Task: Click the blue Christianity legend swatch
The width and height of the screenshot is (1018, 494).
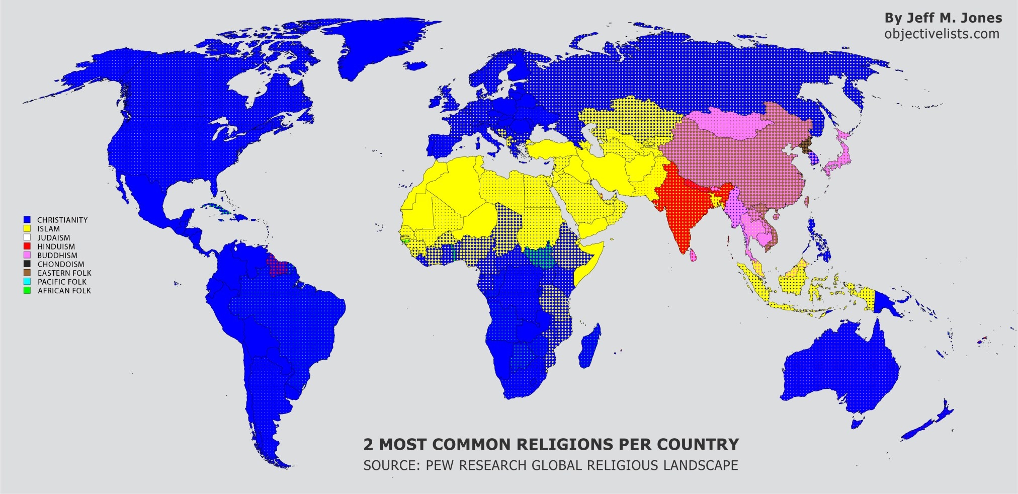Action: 27,220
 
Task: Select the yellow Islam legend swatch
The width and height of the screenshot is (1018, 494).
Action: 27,229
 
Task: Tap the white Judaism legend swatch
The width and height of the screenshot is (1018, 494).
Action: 27,237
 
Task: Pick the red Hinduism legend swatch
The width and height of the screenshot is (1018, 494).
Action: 27,246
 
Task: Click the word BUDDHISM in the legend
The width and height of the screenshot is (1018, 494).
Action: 57,256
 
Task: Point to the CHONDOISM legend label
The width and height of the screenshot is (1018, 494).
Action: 61,264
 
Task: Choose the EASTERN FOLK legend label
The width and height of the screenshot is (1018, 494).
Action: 64,273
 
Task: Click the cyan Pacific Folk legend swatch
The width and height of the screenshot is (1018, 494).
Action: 27,282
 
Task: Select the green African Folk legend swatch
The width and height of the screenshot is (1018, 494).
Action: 27,291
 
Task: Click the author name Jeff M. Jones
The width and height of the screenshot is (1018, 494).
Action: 943,18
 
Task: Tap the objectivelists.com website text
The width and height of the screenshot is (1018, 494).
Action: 942,34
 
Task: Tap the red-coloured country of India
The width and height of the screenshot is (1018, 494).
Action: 687,211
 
